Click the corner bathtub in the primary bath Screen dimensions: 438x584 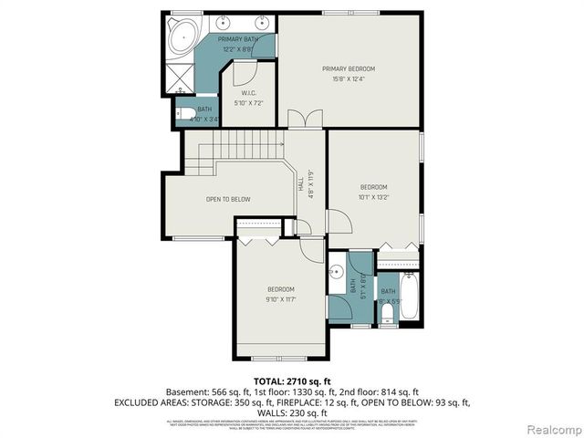(x=185, y=36)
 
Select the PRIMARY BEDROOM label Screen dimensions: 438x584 (x=348, y=68)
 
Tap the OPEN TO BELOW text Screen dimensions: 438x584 (x=227, y=199)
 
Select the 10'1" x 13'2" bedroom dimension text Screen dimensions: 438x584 (x=373, y=196)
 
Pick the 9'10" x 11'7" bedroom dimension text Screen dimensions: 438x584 (x=280, y=298)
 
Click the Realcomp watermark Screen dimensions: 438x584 (x=549, y=428)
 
